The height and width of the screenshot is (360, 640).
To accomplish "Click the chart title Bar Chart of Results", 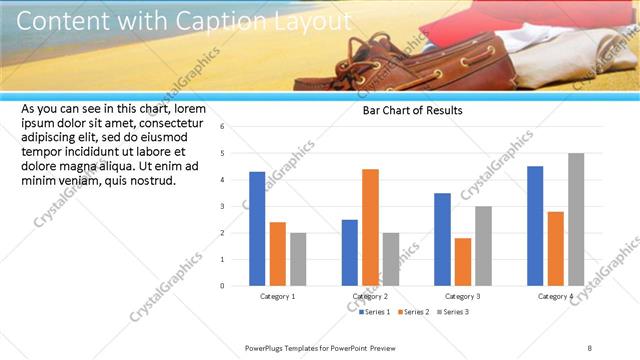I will pos(412,111).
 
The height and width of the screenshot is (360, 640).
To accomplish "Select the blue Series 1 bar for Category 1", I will pos(257,229).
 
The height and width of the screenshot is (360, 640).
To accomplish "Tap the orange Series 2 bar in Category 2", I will pos(370,227).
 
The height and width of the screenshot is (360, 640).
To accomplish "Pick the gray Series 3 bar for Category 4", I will pos(576,219).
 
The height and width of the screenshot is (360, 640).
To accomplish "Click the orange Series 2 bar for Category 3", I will pos(463,262).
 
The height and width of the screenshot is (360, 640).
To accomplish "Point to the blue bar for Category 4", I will pos(535,226).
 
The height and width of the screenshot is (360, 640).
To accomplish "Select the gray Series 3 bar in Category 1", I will pos(298,259).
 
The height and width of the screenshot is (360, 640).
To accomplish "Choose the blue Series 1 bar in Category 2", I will pos(350,252).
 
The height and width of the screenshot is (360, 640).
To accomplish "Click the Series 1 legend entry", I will pos(377,313).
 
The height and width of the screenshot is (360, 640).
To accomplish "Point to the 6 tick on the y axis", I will pos(237,127).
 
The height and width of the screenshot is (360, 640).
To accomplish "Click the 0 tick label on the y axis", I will pos(237,286).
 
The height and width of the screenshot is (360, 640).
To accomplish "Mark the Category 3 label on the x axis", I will pos(463,297).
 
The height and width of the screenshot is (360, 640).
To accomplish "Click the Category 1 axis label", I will pos(278,297).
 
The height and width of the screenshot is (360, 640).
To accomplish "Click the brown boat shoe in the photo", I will pos(440,60).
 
